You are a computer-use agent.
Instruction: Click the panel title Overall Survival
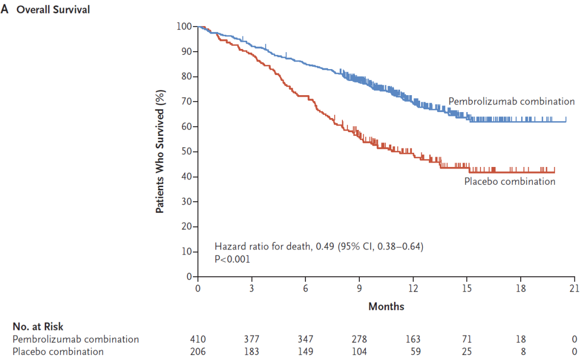point(53,10)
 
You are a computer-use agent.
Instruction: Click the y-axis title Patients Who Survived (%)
point(160,152)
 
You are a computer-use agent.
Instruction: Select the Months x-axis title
point(386,307)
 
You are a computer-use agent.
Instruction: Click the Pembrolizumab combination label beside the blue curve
point(511,101)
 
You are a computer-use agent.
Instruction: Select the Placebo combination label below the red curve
point(510,182)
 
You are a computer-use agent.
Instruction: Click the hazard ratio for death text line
point(319,247)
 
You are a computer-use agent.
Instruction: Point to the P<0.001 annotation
point(233,259)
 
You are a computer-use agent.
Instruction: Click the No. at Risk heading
point(38,327)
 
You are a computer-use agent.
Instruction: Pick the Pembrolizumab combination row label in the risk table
point(76,339)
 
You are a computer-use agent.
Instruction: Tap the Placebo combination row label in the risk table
point(58,351)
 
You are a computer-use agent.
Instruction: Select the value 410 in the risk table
point(198,339)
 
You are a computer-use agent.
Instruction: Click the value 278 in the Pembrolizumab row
point(359,339)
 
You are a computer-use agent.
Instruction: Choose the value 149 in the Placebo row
point(305,351)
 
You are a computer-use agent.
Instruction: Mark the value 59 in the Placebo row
point(414,351)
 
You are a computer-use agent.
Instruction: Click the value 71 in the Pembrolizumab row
point(467,339)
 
